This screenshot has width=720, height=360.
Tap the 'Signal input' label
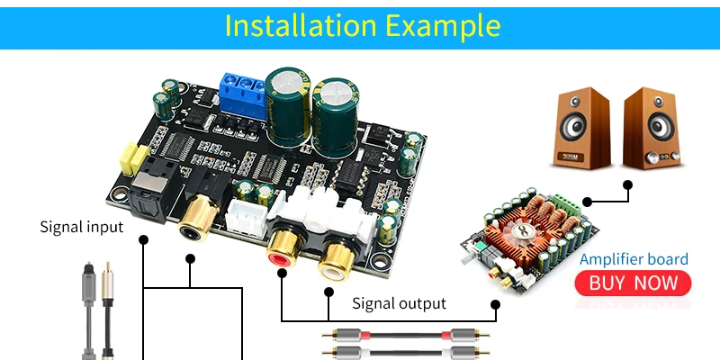(x=81, y=226)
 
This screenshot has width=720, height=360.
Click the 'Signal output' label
(x=399, y=303)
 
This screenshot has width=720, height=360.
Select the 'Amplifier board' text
(x=634, y=259)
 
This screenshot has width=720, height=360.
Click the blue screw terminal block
(x=241, y=91)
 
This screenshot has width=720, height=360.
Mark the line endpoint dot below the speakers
(x=627, y=185)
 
